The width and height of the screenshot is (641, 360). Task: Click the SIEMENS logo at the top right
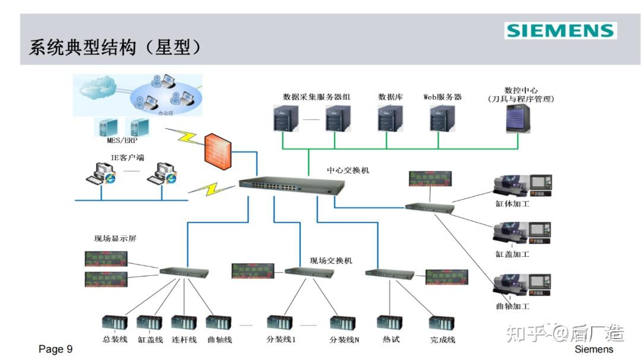pyautogui.click(x=560, y=31)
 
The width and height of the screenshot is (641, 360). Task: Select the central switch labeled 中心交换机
pyautogui.click(x=291, y=186)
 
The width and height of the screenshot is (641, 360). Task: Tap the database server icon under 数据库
pyautogui.click(x=390, y=119)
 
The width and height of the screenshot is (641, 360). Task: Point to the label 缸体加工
pyautogui.click(x=512, y=204)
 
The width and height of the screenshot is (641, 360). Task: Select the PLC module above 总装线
pyautogui.click(x=115, y=323)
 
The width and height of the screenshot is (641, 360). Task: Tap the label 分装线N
pyautogui.click(x=344, y=340)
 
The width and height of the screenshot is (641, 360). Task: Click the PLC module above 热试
pyautogui.click(x=390, y=323)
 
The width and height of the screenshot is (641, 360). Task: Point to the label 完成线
pyautogui.click(x=442, y=340)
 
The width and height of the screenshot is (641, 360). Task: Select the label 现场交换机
pyautogui.click(x=331, y=260)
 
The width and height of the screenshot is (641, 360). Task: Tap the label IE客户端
pyautogui.click(x=127, y=157)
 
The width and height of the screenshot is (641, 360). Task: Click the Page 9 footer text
pyautogui.click(x=55, y=349)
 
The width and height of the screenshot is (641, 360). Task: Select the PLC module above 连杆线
pyautogui.click(x=183, y=323)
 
